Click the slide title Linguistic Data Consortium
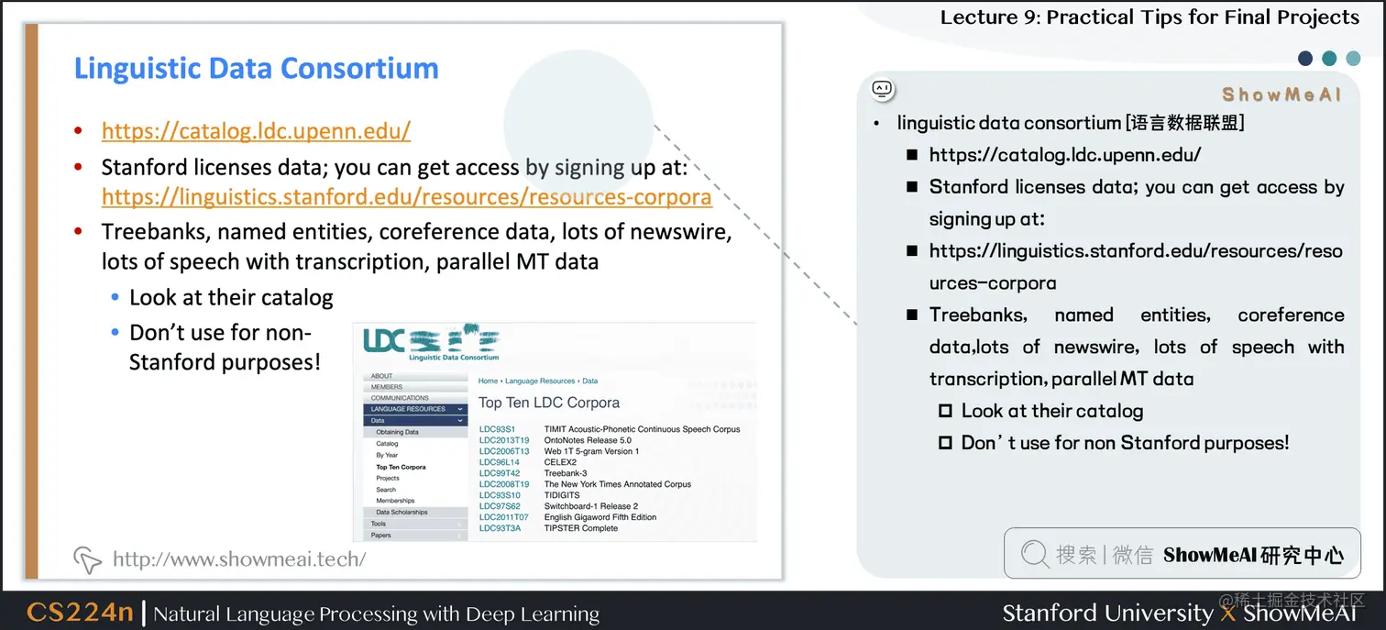(256, 69)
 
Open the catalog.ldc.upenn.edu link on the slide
(256, 131)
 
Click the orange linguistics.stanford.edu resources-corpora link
(406, 197)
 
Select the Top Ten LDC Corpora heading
(548, 403)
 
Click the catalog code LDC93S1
(497, 429)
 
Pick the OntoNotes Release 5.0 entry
(588, 440)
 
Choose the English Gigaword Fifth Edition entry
(599, 517)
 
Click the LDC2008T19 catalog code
(504, 484)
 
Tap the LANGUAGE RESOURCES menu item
(408, 409)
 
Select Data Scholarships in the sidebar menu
(401, 512)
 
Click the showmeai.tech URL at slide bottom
(238, 558)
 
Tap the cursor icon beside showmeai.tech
(87, 558)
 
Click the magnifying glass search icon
(1034, 554)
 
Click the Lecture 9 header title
(1149, 17)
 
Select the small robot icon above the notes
(882, 89)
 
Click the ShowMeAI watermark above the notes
(1281, 95)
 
